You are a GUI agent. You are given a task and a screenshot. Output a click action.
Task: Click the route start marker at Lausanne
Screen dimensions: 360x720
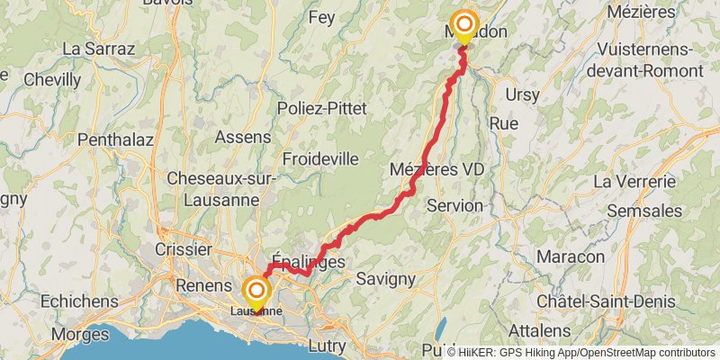[x=257, y=292]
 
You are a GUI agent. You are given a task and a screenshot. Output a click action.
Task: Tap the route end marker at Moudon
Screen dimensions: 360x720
[x=464, y=25]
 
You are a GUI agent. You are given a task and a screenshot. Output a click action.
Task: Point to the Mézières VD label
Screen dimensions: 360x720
[x=437, y=168]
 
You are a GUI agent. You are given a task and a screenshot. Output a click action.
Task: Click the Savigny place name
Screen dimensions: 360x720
[x=385, y=279]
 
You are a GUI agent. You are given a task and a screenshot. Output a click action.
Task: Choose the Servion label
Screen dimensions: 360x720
[x=455, y=205]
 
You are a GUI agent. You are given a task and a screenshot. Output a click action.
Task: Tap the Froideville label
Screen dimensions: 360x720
[x=320, y=158]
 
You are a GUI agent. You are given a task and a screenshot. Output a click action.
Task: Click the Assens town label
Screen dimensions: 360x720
[x=243, y=137]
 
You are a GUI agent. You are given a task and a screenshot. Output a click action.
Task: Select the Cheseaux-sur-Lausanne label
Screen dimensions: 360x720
[x=220, y=188]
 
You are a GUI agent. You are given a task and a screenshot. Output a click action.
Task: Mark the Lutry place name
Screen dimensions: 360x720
[x=333, y=345]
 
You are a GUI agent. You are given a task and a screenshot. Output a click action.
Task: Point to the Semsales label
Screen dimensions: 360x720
[x=644, y=210]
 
